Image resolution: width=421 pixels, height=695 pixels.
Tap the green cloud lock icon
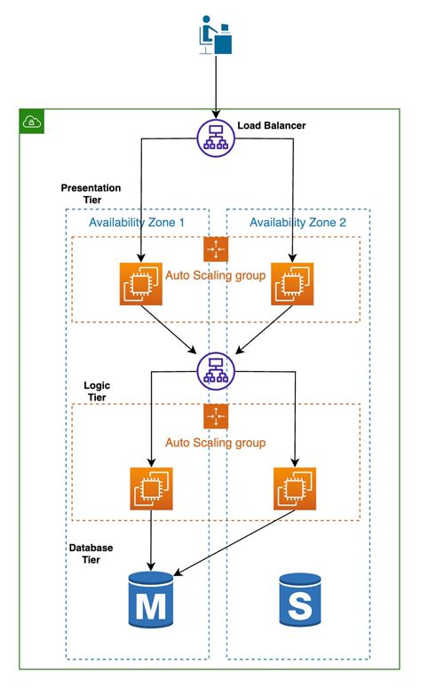pos(32,122)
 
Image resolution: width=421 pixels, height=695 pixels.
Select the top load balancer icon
pos(214,136)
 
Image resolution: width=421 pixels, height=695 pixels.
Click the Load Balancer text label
pos(272,126)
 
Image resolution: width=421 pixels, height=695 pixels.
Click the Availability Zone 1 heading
pos(137,222)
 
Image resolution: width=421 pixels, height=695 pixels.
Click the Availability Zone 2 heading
pos(298,222)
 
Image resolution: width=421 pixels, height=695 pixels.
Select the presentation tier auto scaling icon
pos(215,249)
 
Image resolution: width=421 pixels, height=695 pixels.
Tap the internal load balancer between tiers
pos(214,367)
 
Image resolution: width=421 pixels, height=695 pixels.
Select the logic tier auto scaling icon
pos(215,416)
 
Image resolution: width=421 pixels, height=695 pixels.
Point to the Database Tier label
pos(91,554)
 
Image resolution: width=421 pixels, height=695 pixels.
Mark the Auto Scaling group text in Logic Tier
pos(215,441)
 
